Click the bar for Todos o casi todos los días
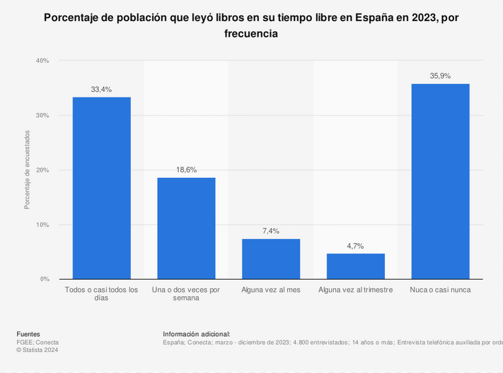[101, 188]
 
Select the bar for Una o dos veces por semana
[186, 228]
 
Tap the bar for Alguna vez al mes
[271, 259]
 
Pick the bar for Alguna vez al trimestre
[356, 266]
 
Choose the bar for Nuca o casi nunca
[440, 182]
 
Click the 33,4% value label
[101, 90]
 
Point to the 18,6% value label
[186, 170]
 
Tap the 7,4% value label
[271, 231]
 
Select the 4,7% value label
[356, 246]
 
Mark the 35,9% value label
[440, 76]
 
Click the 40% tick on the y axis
[42, 61]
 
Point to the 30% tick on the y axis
[42, 115]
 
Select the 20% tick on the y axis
[42, 170]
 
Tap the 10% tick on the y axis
[42, 225]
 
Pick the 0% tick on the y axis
[44, 279]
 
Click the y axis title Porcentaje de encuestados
[28, 170]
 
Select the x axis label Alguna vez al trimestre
[355, 290]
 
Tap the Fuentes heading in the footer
[28, 334]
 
